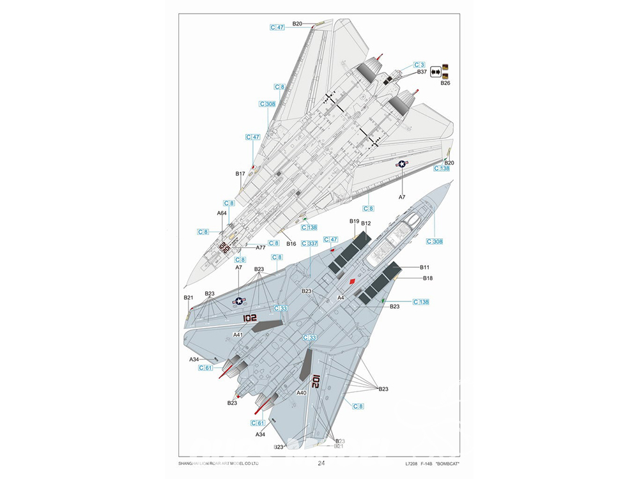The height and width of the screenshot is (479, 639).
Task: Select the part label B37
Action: pos(422,72)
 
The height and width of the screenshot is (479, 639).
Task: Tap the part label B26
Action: pos(445,83)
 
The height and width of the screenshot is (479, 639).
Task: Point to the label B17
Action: pos(240,174)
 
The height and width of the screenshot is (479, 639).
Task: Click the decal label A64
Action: pos(222,213)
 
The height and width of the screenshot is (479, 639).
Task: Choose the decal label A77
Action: pos(261,247)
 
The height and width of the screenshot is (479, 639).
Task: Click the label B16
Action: pos(291,243)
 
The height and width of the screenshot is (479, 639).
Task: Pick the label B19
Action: pos(354,221)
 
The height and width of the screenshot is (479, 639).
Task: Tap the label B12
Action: pos(366,224)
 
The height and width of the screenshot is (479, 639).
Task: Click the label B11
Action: pos(425,267)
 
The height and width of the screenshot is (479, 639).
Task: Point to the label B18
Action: pos(427,278)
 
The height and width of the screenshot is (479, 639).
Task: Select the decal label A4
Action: pos(341,298)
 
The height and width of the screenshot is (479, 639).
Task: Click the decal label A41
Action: pos(238,335)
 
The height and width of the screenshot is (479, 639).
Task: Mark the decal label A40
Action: pos(302,393)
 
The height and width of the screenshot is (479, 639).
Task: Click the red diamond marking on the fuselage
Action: pos(352,280)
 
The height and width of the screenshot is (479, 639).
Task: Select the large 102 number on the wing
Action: pos(249,317)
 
